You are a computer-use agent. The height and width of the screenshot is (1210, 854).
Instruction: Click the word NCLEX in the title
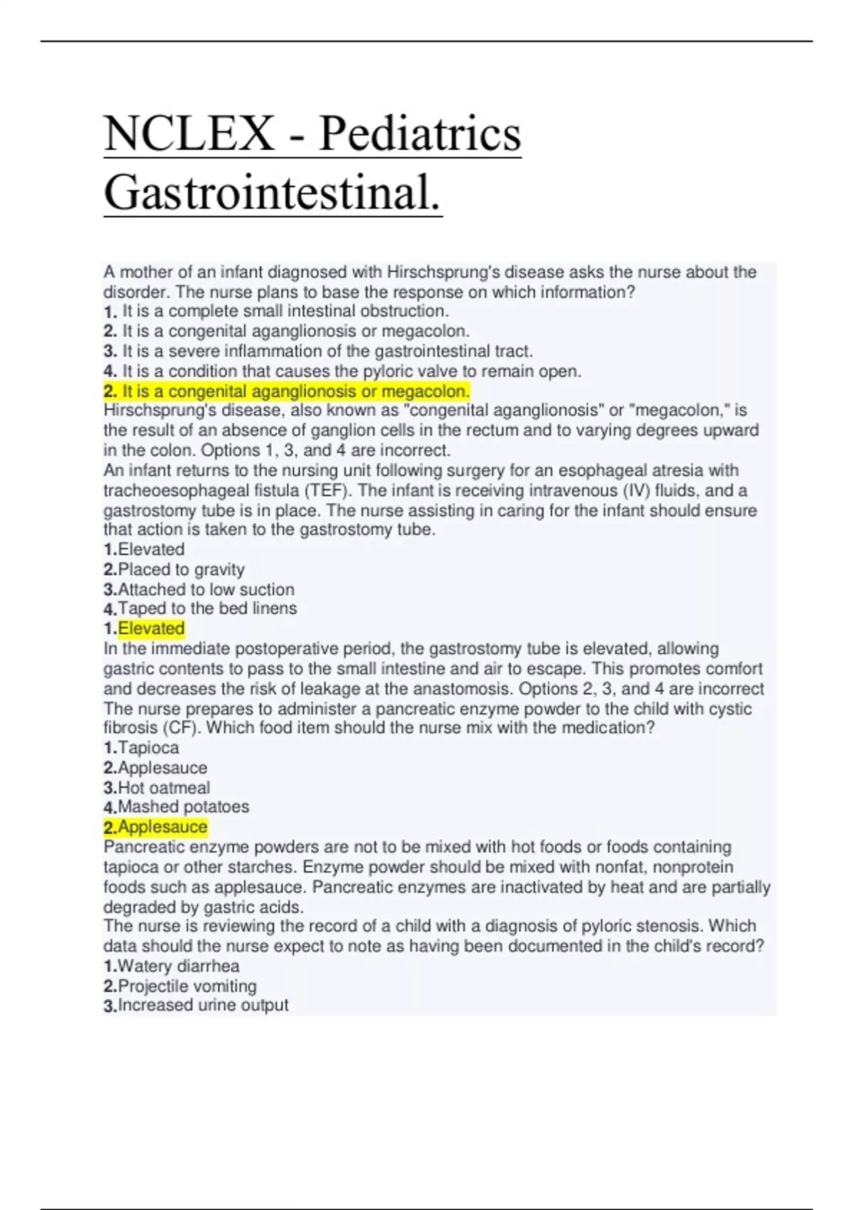tap(189, 134)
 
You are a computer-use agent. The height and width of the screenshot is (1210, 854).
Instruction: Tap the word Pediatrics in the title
tap(419, 134)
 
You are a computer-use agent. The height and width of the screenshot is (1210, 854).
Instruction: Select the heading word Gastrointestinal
tap(273, 193)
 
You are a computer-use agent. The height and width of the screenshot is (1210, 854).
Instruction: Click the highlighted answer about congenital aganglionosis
tap(286, 391)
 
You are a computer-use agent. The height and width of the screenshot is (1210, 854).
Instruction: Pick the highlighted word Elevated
tap(151, 628)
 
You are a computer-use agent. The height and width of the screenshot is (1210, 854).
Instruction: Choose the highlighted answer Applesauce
tap(162, 827)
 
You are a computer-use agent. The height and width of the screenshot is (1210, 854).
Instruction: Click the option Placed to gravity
tap(181, 569)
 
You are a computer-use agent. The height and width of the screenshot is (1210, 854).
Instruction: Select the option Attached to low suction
tap(206, 589)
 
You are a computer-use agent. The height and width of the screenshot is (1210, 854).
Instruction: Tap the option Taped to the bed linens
tap(207, 609)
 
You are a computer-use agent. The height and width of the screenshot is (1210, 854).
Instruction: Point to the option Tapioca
tap(148, 748)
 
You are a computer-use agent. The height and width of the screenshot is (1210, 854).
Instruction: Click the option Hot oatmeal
tap(164, 788)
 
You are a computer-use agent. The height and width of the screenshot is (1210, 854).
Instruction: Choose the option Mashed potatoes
tap(183, 807)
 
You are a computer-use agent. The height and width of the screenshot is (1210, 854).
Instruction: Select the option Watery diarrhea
tap(178, 966)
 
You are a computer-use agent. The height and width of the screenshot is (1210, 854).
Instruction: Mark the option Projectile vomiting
tap(186, 986)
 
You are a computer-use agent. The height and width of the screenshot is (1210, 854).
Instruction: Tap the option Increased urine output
tap(203, 1005)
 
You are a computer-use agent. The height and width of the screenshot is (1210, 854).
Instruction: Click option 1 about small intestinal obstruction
tap(285, 311)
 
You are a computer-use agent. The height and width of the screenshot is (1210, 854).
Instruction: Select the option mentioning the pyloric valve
tap(352, 371)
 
